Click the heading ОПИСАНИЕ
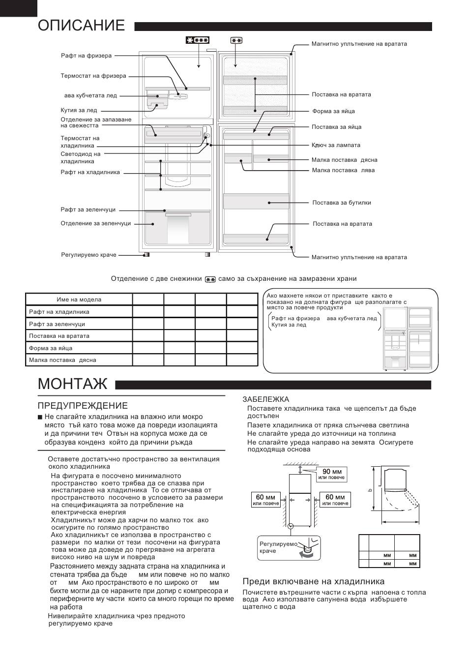pos(81,26)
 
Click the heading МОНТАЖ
pos(72,384)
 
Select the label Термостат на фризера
pos(93,76)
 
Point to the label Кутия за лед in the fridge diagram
pos(79,111)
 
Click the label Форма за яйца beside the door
pos(333,111)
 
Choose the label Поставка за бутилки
pos(342,203)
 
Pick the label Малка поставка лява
pos(343,170)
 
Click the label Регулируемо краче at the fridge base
pos(88,255)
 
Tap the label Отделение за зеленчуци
pos(96,223)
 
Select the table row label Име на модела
pos(79,300)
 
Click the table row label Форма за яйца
pos(51,348)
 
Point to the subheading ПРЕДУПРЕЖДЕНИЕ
pos(83,406)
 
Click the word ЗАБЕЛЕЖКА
pos(266,399)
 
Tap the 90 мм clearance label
pos(332,474)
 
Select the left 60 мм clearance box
pos(265,500)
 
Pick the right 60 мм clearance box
pos(335,500)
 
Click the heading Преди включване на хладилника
pos(314,581)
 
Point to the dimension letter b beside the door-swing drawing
pos(370,489)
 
